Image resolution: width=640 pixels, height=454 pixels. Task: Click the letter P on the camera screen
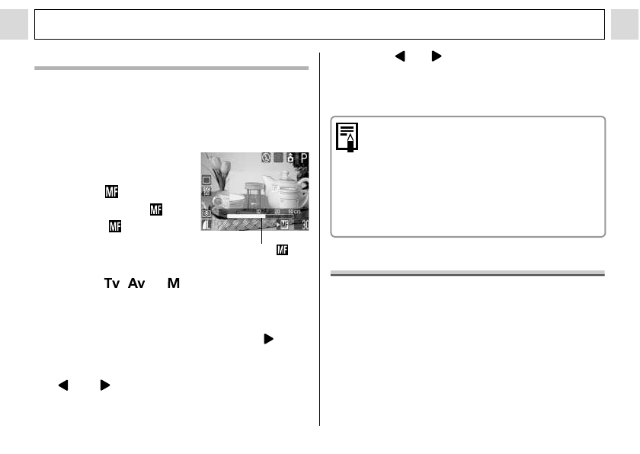[x=303, y=160]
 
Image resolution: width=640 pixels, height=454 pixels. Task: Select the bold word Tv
[x=112, y=283]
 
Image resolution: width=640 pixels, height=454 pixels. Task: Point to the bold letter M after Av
[x=173, y=283]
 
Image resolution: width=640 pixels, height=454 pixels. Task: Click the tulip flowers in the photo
[x=217, y=168]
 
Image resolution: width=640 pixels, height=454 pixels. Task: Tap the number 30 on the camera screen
[x=303, y=225]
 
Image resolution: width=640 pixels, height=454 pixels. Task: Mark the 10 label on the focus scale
[x=258, y=213]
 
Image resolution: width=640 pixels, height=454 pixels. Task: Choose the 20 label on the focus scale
[x=277, y=213]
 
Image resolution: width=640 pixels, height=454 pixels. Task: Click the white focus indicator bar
[x=244, y=217]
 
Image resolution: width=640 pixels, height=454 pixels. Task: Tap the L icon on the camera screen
[x=206, y=225]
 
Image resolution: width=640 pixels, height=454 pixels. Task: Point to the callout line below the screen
[x=262, y=233]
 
